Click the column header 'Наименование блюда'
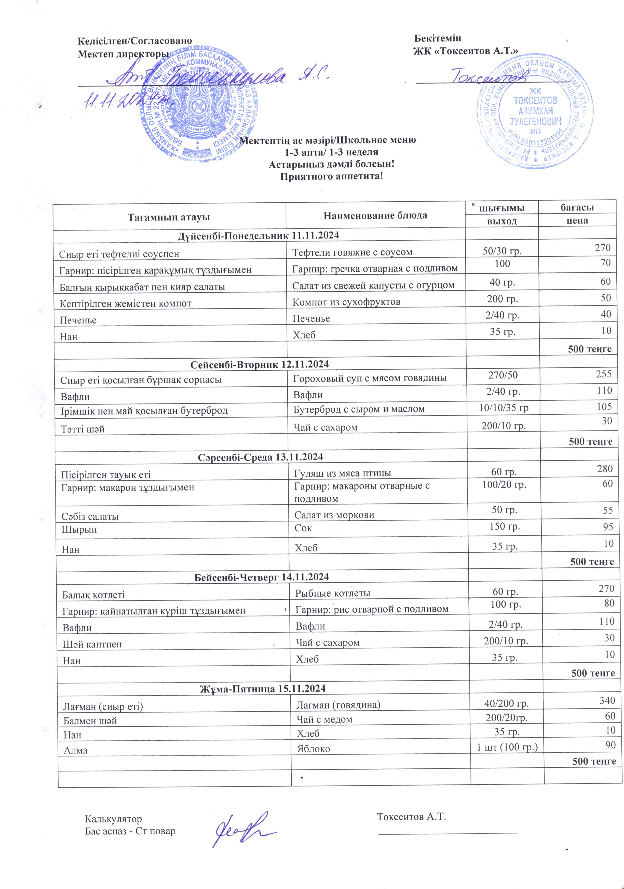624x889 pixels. (375, 215)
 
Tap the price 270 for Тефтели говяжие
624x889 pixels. (602, 248)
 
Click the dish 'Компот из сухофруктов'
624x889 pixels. (346, 302)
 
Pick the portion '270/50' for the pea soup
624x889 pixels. (503, 375)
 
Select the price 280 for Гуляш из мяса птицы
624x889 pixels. (604, 469)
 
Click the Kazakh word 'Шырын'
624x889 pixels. (79, 529)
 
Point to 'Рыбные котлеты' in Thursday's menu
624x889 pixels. (333, 593)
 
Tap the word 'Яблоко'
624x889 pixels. (313, 749)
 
